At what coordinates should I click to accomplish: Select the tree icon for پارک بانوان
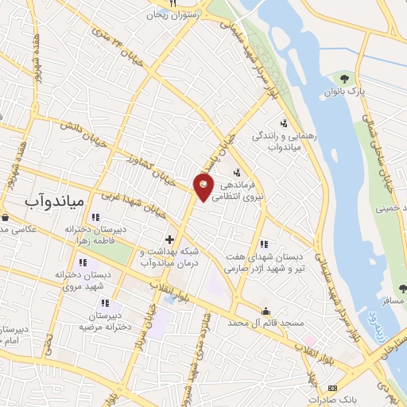tap(344, 78)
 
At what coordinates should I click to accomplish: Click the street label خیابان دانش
tap(79, 131)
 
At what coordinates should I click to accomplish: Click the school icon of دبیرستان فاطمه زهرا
tap(95, 217)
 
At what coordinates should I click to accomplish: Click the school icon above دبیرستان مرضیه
tap(105, 302)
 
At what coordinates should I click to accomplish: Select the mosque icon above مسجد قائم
tap(266, 311)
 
